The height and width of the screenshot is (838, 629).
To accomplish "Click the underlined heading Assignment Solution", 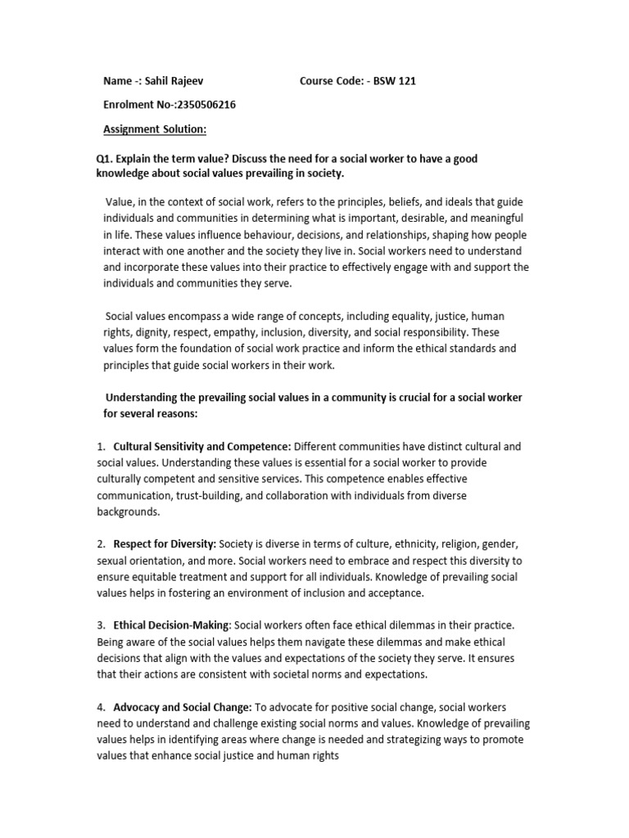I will click(155, 128).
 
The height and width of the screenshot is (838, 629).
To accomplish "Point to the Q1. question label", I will click(106, 158).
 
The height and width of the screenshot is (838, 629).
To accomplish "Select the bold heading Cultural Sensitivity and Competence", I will click(202, 447).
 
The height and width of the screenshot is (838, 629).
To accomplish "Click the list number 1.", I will click(101, 447).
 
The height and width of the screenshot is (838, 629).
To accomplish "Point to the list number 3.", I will click(101, 625).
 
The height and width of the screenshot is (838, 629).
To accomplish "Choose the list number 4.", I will click(101, 706).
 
